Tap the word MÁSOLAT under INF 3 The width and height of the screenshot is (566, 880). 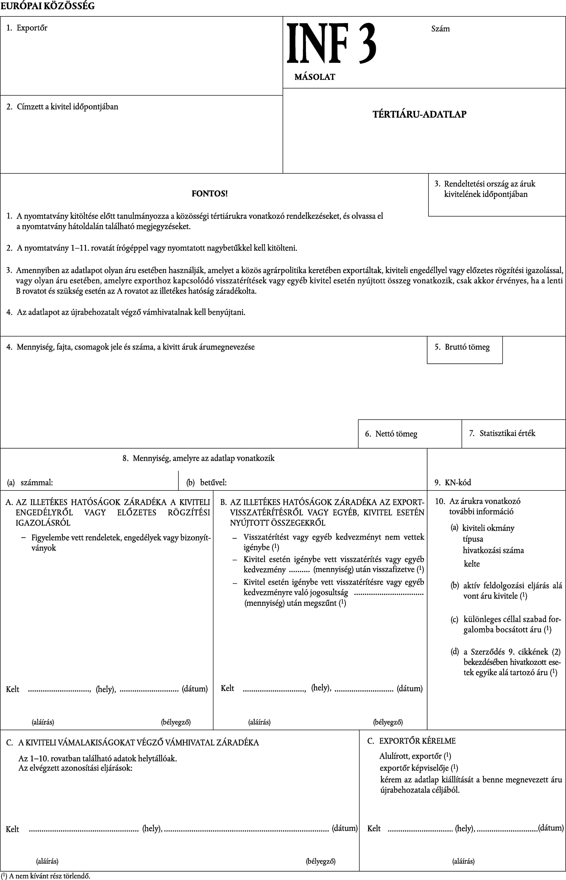point(315,77)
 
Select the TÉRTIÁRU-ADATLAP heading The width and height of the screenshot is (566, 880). point(419,114)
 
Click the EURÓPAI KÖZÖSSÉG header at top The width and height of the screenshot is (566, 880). point(47,6)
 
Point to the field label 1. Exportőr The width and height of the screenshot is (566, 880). point(27,28)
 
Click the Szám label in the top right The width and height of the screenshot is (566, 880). point(440,29)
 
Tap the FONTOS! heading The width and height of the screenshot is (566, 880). point(210,193)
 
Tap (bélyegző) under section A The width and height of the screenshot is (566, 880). point(176,722)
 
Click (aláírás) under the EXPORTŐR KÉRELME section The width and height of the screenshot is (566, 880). point(463,861)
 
